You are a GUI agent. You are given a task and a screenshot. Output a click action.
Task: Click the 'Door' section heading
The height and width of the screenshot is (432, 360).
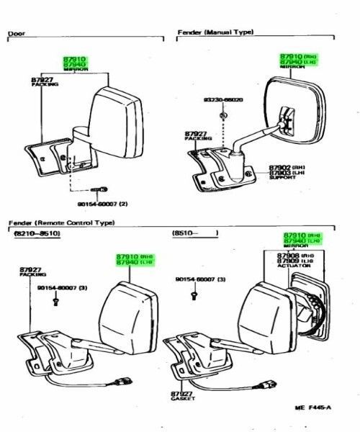(x=16, y=34)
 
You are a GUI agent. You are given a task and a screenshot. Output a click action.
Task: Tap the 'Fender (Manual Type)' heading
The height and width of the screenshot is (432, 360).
(x=215, y=32)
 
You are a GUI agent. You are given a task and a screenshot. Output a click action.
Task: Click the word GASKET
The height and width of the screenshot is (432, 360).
(x=182, y=400)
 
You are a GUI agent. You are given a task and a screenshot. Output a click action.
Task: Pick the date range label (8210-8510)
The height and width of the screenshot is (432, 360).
(x=35, y=235)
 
